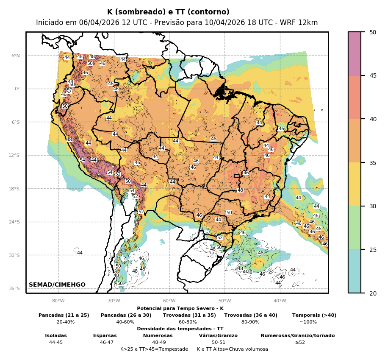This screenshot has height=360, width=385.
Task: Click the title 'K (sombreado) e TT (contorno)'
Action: (x=168, y=12)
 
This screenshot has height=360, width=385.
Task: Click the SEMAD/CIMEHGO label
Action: (x=57, y=285)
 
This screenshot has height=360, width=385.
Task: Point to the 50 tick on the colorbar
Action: (x=372, y=32)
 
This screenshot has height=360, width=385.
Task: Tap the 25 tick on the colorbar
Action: (x=372, y=250)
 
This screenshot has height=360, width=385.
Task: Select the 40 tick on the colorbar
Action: (x=372, y=119)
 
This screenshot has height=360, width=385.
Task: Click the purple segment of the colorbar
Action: (x=355, y=54)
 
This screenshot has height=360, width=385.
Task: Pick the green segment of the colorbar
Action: (x=355, y=228)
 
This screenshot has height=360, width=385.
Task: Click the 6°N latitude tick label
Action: (x=16, y=56)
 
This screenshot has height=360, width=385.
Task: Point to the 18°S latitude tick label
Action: (x=14, y=189)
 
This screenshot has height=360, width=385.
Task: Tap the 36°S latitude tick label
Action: (x=14, y=289)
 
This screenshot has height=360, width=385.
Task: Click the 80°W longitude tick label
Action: (x=58, y=301)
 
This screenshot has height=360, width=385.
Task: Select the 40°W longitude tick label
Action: (x=280, y=301)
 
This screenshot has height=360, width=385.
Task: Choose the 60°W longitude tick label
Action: (x=169, y=301)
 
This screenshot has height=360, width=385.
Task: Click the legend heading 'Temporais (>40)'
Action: (x=314, y=315)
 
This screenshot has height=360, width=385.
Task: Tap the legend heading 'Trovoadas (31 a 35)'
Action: (x=189, y=315)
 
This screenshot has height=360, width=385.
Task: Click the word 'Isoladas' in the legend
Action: (x=56, y=336)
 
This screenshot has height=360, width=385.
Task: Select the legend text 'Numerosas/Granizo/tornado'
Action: (x=297, y=336)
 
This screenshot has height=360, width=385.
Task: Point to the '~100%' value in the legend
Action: (x=308, y=322)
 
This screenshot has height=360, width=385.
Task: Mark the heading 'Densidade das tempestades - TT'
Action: (x=180, y=329)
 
